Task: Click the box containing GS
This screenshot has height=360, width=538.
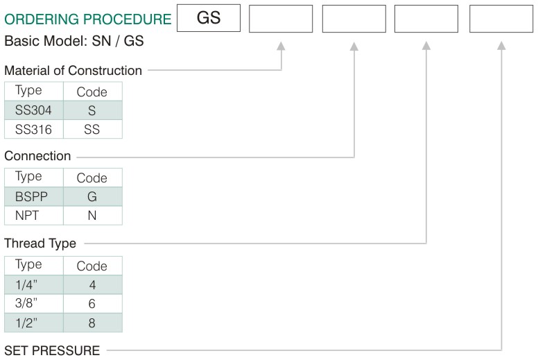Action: (209, 18)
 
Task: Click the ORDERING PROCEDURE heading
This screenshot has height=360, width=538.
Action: (88, 19)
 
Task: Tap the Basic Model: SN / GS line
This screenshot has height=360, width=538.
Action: (73, 41)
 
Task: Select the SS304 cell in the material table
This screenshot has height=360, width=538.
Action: (34, 110)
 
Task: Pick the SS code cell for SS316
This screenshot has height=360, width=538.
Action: (93, 130)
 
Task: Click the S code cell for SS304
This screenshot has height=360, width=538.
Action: (93, 110)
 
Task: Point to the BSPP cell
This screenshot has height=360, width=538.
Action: (34, 196)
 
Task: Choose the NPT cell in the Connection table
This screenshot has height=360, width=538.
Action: (34, 216)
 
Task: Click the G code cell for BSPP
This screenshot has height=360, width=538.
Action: (93, 196)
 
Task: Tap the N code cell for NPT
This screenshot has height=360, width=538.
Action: (93, 216)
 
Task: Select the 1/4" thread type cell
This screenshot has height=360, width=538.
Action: (34, 284)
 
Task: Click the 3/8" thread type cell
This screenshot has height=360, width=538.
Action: (34, 303)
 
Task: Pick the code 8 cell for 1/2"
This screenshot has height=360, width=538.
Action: (93, 323)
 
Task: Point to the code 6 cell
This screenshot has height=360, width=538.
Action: (93, 303)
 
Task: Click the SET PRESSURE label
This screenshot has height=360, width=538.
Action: (52, 351)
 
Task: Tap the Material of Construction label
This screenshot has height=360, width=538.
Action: (73, 70)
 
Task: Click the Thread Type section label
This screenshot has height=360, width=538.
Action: (40, 243)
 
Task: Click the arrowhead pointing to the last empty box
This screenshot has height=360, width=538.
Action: (501, 46)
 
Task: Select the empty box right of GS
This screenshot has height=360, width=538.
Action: (281, 19)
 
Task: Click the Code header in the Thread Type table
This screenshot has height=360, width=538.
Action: (92, 266)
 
